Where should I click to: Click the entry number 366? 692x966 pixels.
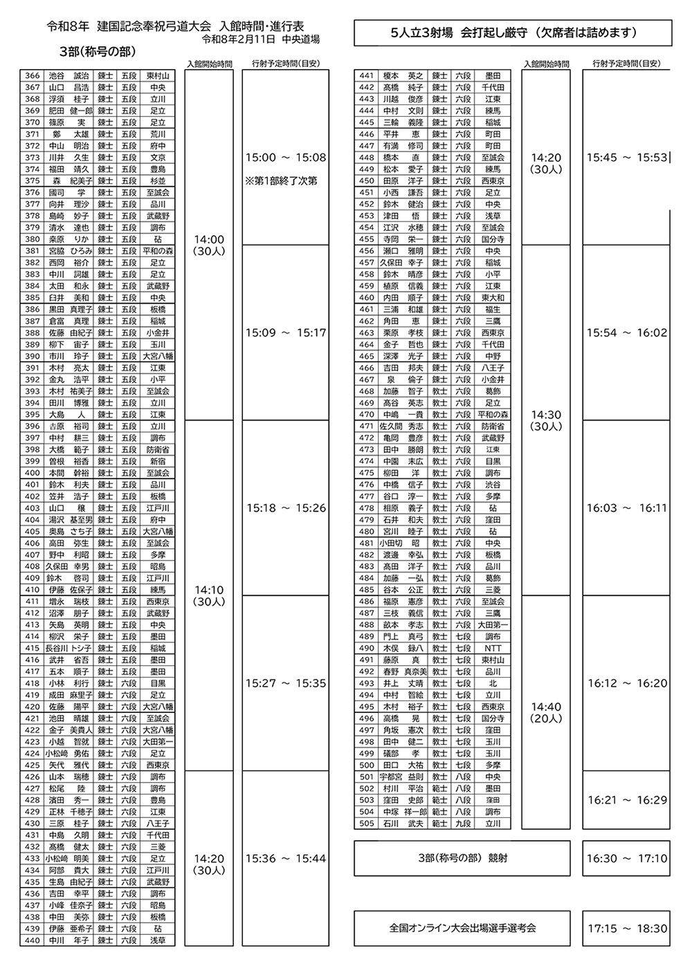coord(33,76)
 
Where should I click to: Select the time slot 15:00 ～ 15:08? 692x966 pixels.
coord(285,158)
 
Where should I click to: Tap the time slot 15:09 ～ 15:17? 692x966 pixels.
coord(285,333)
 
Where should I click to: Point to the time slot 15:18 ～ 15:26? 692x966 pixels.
coord(285,508)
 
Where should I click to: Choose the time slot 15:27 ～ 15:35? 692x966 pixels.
coord(285,683)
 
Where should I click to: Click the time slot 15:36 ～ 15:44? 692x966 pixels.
coord(285,858)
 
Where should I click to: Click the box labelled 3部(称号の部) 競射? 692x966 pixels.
coord(462,858)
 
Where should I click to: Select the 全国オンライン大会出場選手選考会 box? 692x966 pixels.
coord(462,929)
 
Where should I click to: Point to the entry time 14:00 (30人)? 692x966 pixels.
coord(209,245)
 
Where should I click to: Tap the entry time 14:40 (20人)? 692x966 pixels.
coord(547,712)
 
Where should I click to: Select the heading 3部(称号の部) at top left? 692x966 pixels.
coord(98,53)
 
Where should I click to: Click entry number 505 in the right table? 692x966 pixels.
coord(367,824)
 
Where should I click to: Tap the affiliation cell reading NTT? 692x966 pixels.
coord(493,649)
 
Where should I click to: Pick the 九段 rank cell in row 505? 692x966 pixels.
coord(463,824)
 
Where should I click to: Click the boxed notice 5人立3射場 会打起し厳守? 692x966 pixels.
coord(513,32)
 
